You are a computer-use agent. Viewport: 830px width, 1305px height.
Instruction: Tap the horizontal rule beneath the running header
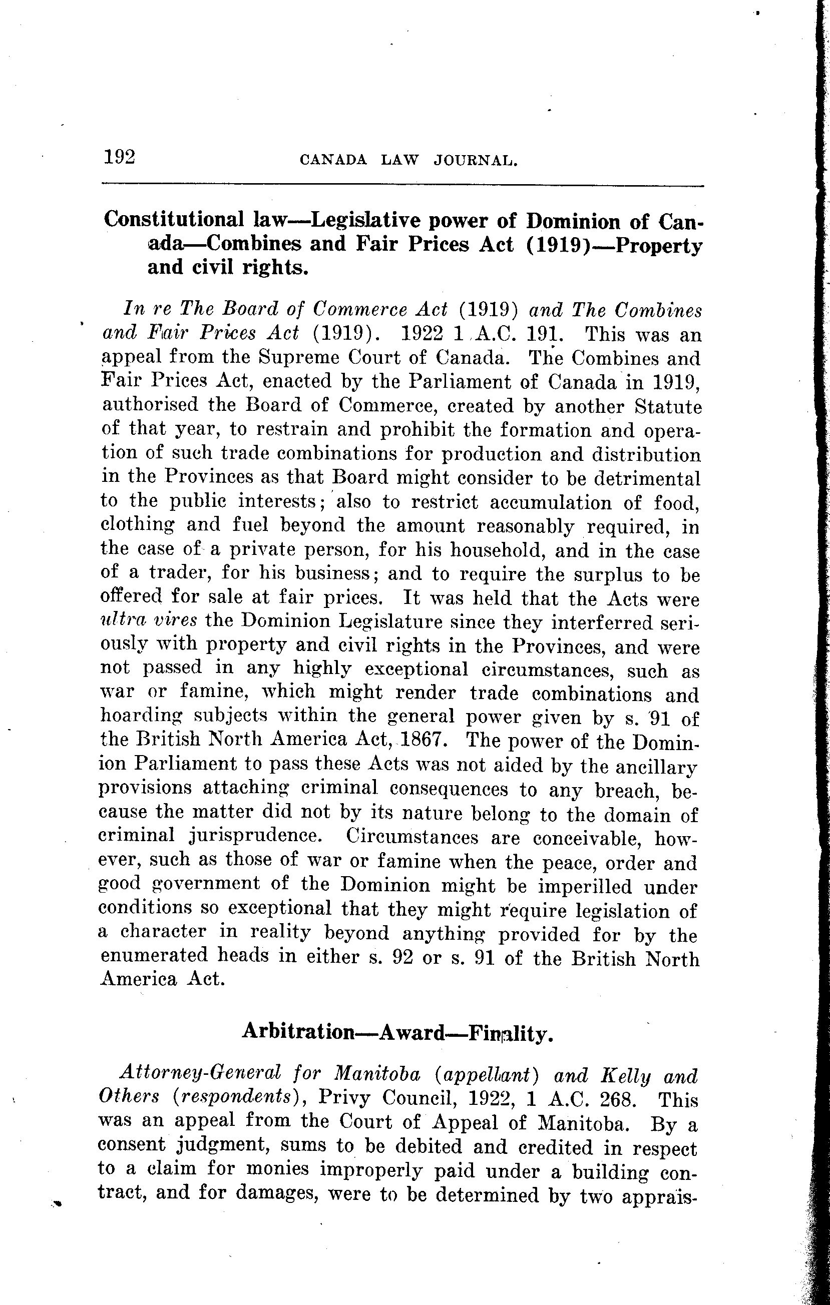click(x=402, y=186)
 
